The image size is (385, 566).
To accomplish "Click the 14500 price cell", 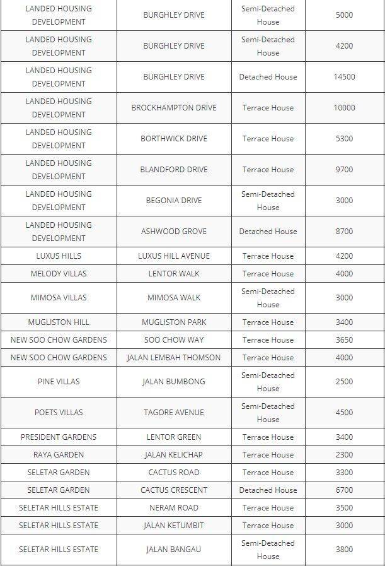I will [x=344, y=77].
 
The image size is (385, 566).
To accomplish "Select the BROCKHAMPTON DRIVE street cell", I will [x=174, y=108].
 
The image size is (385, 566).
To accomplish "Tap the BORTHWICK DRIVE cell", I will [x=174, y=139].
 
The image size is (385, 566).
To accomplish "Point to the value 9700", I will [x=344, y=170].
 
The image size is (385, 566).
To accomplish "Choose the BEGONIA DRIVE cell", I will [x=174, y=201].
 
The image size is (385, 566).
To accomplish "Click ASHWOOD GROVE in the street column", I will [x=174, y=232].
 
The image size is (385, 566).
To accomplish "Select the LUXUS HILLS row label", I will [x=59, y=256].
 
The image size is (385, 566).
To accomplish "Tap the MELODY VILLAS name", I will [x=59, y=274].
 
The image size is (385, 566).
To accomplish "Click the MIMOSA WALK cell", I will [x=174, y=298].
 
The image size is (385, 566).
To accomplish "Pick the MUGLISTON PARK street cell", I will [x=174, y=322].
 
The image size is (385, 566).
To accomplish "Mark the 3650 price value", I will [x=344, y=340].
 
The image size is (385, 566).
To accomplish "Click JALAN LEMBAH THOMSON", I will [x=174, y=358].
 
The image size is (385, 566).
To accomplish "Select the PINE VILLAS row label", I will [x=59, y=382].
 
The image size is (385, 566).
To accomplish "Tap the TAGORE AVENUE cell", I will [x=174, y=413].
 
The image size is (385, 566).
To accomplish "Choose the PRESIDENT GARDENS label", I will [x=59, y=437].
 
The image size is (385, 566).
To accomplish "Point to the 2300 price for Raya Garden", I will [x=344, y=455].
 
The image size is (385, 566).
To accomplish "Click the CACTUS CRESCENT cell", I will [x=174, y=490].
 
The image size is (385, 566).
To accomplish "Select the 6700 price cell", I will [x=344, y=490].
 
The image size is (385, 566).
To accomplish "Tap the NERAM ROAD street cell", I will [x=174, y=508].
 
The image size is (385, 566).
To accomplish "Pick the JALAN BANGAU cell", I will [x=174, y=550].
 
